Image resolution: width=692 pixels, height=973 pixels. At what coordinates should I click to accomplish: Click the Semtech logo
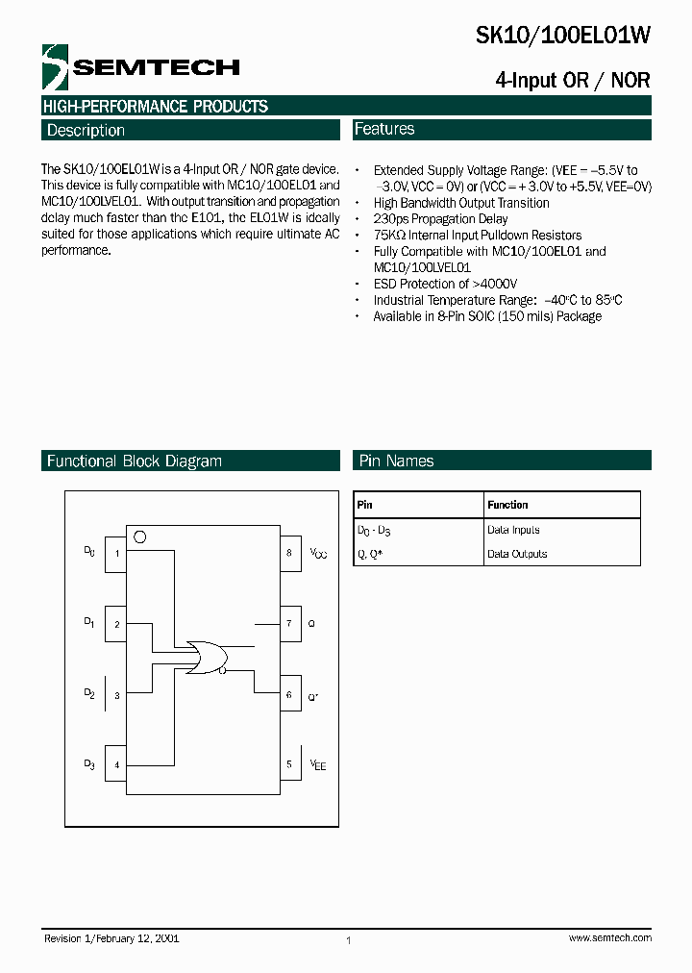coord(140,66)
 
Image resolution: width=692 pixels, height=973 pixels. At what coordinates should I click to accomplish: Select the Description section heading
coord(86,131)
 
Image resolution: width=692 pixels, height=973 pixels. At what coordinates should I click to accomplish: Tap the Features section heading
coord(384,129)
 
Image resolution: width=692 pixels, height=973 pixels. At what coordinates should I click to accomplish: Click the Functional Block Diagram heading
coord(135,462)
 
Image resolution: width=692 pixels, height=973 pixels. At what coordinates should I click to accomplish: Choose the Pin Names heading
coord(396,462)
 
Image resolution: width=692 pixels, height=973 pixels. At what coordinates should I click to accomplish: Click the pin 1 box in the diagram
coord(116,553)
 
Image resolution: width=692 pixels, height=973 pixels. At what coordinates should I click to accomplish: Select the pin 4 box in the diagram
coord(116,764)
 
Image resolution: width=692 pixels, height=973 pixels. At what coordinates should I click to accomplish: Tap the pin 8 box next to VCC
coord(289,553)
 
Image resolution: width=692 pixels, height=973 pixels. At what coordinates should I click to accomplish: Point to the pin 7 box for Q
coord(289,623)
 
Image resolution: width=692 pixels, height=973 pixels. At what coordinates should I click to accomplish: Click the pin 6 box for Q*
coord(289,694)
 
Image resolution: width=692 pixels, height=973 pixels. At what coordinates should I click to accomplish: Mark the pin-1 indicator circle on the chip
coord(140,536)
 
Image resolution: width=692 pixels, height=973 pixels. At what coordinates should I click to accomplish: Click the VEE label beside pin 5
coord(318,764)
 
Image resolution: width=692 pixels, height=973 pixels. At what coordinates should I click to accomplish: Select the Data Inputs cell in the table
coord(513,530)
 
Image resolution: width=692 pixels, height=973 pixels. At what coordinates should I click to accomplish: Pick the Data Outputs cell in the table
coord(517,554)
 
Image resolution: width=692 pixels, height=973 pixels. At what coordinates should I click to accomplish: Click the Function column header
coord(507,505)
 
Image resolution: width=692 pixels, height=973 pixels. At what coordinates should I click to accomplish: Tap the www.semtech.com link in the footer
coord(609,937)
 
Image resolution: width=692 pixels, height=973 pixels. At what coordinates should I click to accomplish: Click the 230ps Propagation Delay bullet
coord(440,219)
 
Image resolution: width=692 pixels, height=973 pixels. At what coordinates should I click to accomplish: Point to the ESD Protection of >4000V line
coord(445,284)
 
